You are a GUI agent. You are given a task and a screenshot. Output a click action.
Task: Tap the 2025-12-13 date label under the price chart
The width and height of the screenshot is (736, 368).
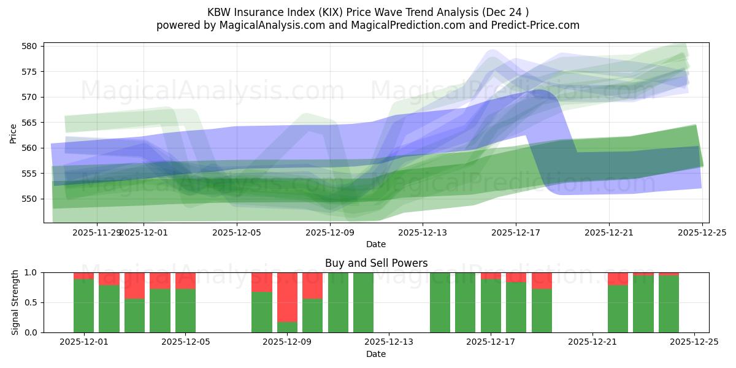pyautogui.click(x=423, y=232)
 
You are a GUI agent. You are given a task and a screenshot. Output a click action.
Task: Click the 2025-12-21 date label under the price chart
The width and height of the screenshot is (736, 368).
pyautogui.click(x=608, y=232)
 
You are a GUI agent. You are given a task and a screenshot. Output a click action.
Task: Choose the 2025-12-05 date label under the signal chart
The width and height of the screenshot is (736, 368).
pyautogui.click(x=185, y=342)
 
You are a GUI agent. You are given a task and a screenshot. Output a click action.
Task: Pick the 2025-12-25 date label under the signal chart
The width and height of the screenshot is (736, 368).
pyautogui.click(x=694, y=342)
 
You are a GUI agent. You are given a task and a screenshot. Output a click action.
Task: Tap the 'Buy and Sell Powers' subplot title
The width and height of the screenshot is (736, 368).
pyautogui.click(x=376, y=264)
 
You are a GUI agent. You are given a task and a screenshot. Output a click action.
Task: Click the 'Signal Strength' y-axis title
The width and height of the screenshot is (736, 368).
pyautogui.click(x=16, y=302)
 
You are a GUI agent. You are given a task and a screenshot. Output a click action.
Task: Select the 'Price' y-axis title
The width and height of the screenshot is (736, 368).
pyautogui.click(x=13, y=132)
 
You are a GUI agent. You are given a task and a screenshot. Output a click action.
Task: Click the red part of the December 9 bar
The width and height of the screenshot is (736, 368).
pyautogui.click(x=287, y=297)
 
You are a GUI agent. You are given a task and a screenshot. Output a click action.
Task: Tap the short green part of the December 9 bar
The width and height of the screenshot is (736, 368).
pyautogui.click(x=287, y=327)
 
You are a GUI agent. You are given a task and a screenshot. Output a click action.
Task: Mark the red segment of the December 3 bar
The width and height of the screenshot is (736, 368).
pyautogui.click(x=134, y=285)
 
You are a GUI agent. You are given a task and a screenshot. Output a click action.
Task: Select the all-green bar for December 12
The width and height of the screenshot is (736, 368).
pyautogui.click(x=363, y=302)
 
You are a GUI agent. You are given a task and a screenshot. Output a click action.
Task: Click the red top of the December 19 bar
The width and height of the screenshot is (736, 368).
pyautogui.click(x=542, y=280)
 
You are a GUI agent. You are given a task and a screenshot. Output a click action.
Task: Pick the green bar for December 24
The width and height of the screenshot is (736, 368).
pyautogui.click(x=669, y=304)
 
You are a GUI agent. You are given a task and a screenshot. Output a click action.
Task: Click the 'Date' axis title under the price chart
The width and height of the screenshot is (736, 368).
pyautogui.click(x=376, y=244)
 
